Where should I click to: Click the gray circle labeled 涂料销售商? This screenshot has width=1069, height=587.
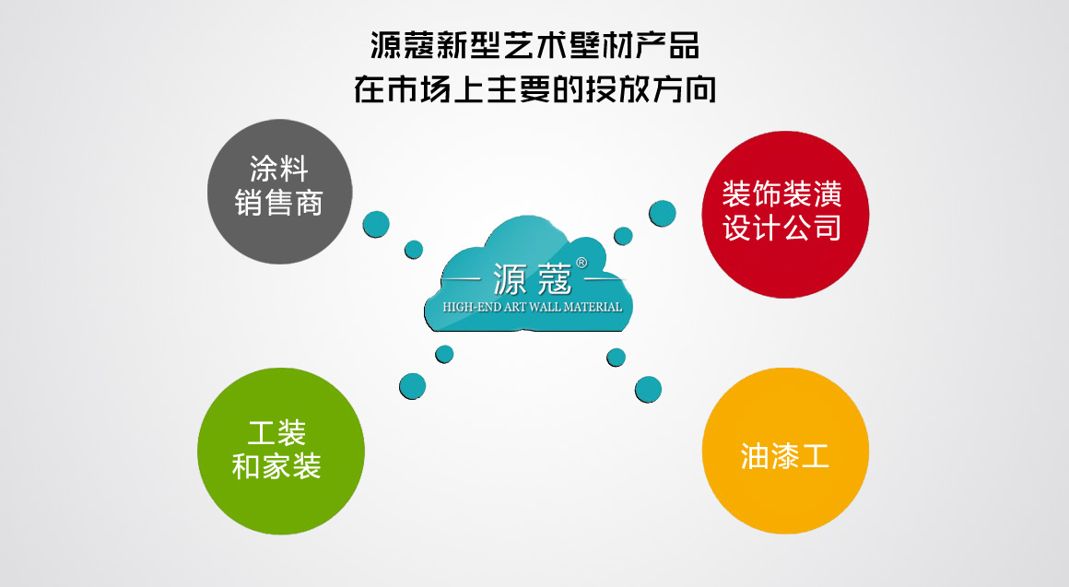pos(279,192)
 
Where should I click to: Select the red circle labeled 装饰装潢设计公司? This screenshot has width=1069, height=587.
pos(785,215)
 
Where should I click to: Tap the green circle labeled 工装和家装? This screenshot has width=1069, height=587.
pos(281,452)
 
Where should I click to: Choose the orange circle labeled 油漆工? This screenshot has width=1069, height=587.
pos(785,451)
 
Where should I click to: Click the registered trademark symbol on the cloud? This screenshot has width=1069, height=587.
pos(581,263)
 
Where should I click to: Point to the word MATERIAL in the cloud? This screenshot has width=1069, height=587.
pos(593,308)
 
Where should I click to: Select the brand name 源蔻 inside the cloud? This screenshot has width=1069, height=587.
pos(532,279)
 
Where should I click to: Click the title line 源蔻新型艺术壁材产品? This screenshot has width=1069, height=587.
pos(534,46)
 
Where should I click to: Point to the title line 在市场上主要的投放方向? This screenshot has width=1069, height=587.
pos(534,89)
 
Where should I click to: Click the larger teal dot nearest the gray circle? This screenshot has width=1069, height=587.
pos(376,224)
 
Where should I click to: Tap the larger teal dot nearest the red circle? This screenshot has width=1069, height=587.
pos(662,214)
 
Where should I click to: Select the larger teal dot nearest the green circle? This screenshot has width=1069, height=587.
pos(413,386)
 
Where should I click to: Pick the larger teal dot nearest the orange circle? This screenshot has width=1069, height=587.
pos(649,390)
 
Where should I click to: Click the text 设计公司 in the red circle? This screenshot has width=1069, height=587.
pos(782,228)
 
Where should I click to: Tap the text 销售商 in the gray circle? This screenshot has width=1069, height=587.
pos(279,203)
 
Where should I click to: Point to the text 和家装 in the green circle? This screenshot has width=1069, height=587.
pos(276,466)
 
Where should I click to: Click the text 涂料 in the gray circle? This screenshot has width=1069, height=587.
pos(279,168)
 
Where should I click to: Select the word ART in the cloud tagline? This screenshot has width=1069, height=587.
pos(515,308)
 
